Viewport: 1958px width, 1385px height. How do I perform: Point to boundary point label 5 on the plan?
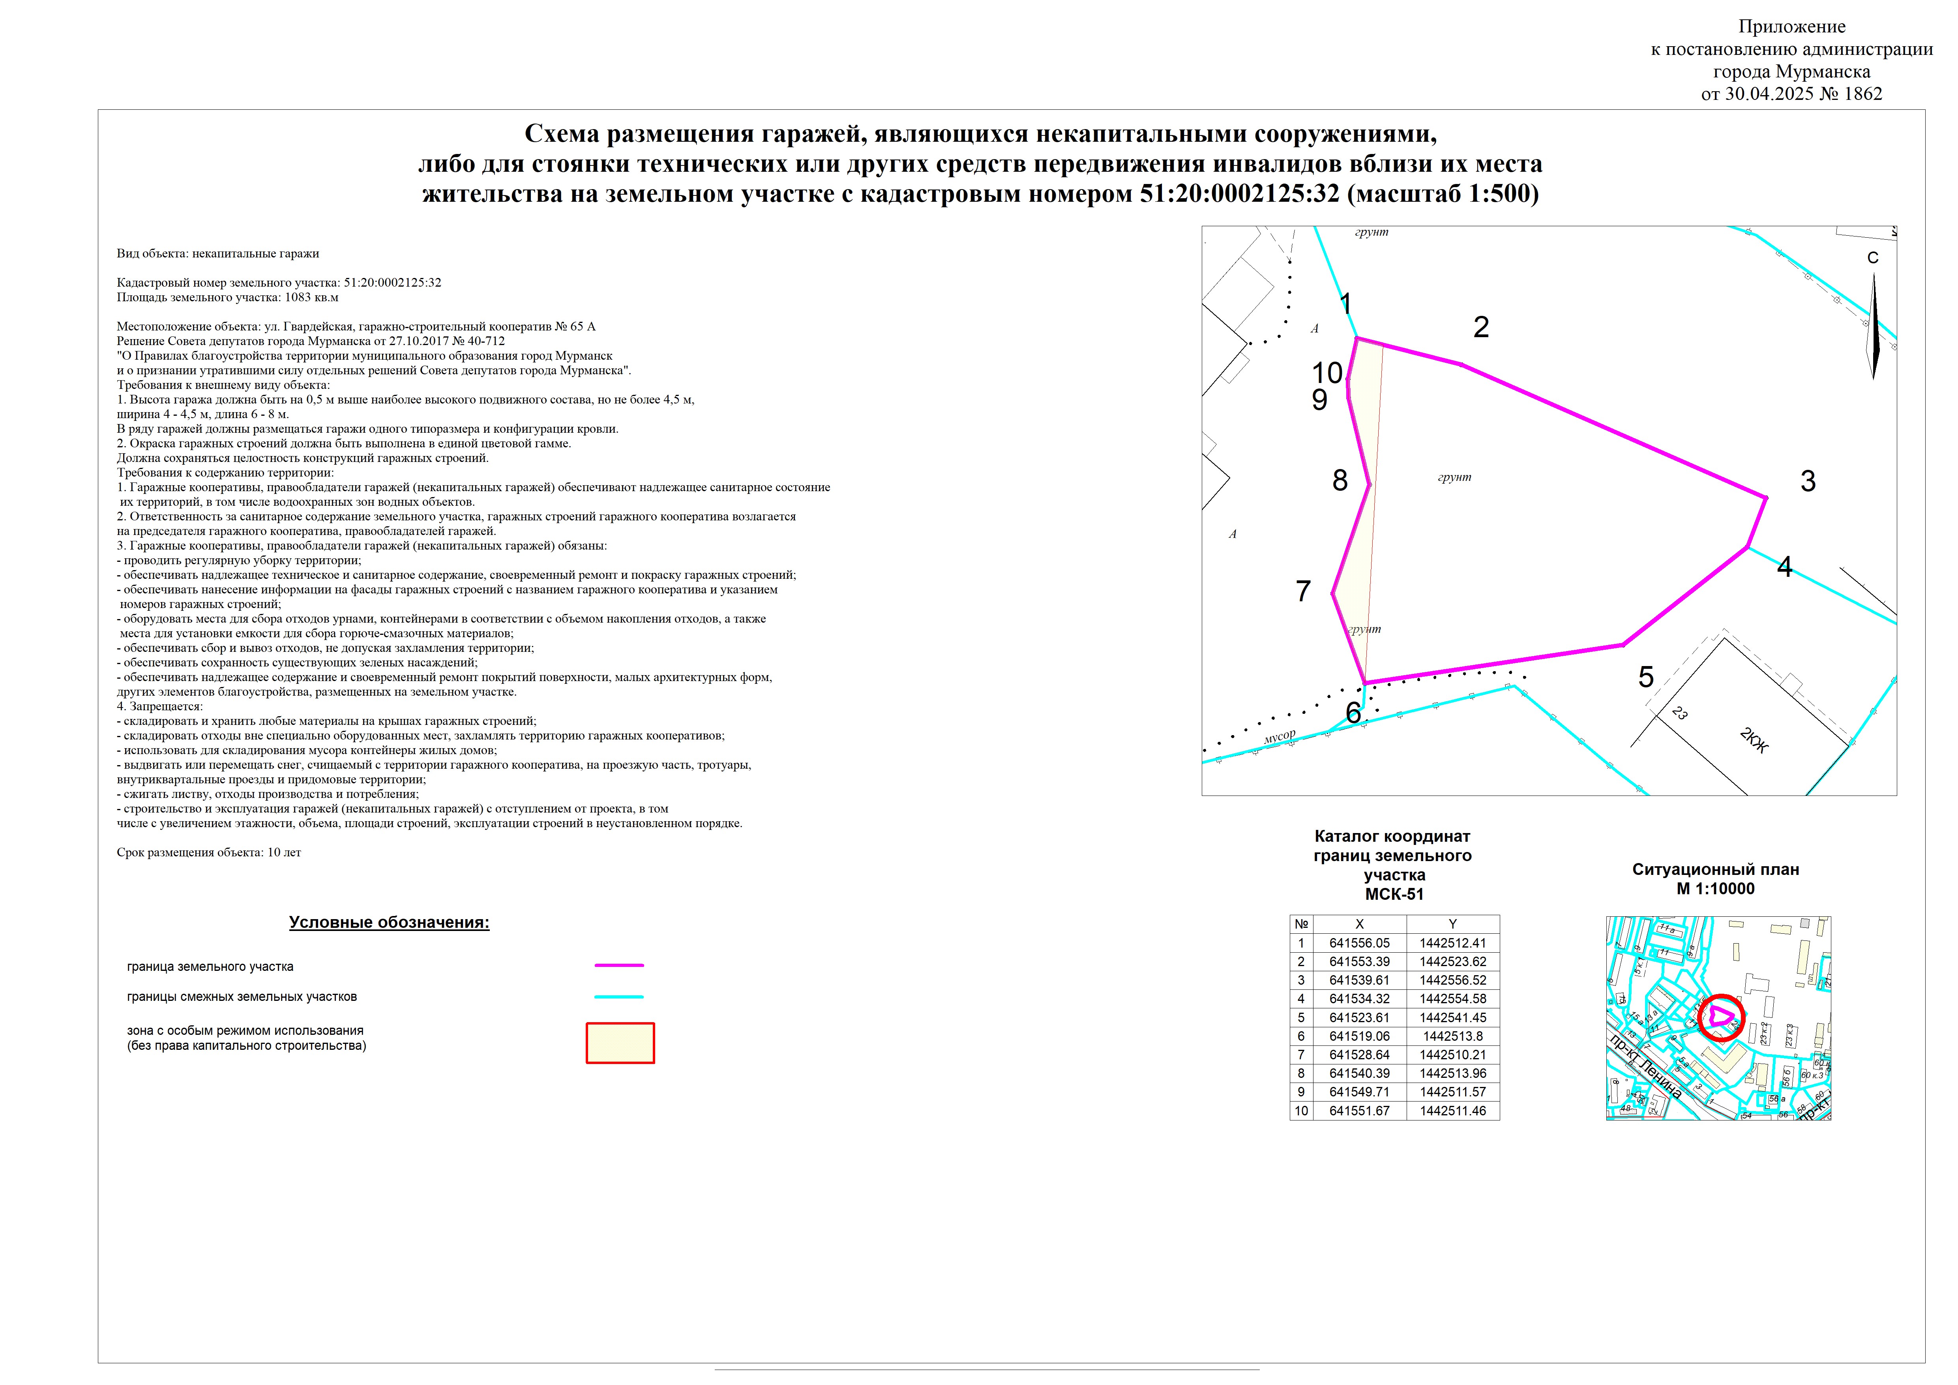coord(1646,677)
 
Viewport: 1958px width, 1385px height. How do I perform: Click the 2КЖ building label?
coord(1754,740)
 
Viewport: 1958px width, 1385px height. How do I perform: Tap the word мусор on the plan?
coord(1279,736)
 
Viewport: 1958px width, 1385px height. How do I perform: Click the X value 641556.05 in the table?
coord(1359,943)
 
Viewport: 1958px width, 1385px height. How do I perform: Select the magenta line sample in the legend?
coord(619,965)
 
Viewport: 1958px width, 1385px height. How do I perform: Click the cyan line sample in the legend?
coord(619,996)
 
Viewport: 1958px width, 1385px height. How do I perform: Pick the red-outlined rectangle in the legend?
coord(620,1043)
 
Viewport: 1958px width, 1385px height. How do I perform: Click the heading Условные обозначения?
coord(389,923)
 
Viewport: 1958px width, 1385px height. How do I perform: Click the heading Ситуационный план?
coord(1716,870)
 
